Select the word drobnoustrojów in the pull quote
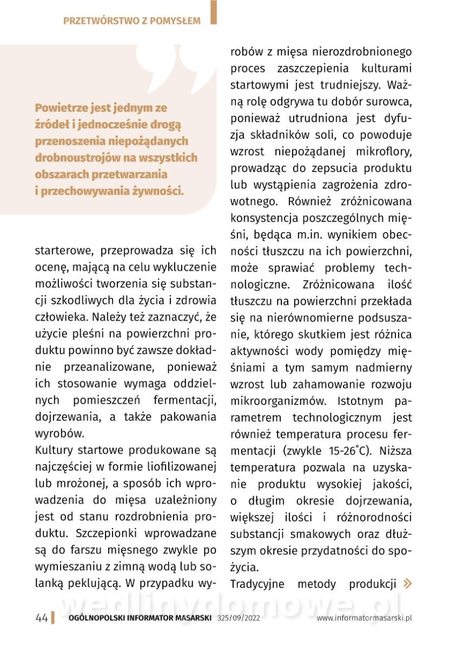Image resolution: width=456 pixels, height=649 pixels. click(x=72, y=158)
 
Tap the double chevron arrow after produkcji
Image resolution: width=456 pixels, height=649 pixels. click(x=408, y=584)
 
